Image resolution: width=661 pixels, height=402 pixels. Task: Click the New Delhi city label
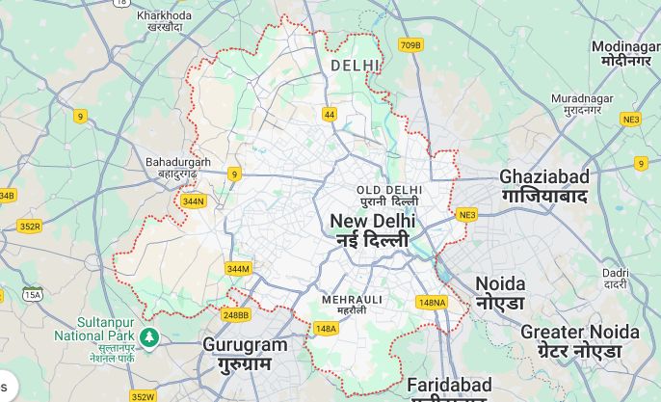pyautogui.click(x=373, y=230)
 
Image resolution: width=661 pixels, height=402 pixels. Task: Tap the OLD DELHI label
pyautogui.click(x=388, y=196)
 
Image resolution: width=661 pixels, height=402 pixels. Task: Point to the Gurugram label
pyautogui.click(x=245, y=354)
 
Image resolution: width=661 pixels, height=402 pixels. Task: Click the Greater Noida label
pyautogui.click(x=579, y=340)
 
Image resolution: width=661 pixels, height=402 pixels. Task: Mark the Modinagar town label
pyautogui.click(x=625, y=53)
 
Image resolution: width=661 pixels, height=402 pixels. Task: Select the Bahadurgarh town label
pyautogui.click(x=178, y=168)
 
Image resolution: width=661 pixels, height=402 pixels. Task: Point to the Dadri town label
pyautogui.click(x=615, y=279)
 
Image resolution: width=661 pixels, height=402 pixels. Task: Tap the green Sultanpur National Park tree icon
pyautogui.click(x=148, y=335)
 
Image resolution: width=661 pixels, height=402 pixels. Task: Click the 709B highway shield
pyautogui.click(x=410, y=44)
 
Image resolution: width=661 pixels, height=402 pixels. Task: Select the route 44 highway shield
pyautogui.click(x=330, y=114)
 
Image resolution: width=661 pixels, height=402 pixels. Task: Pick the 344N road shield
pyautogui.click(x=194, y=201)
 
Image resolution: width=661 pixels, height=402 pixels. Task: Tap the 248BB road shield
pyautogui.click(x=236, y=314)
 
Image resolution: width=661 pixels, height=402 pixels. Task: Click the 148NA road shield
pyautogui.click(x=433, y=303)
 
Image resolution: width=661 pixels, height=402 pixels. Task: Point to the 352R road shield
pyautogui.click(x=30, y=227)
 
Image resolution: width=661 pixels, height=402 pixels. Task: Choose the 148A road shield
pyautogui.click(x=327, y=329)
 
